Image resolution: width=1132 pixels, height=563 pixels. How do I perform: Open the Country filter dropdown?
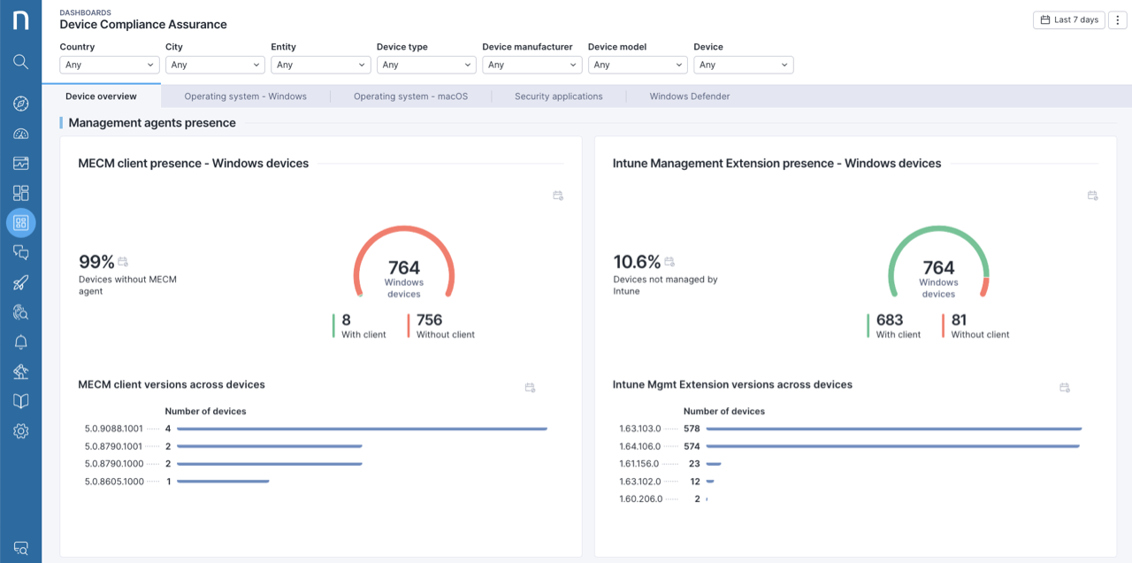110,65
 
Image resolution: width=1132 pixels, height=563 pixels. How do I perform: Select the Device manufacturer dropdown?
532,65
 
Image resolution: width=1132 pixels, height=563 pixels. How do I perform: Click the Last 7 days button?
1068,19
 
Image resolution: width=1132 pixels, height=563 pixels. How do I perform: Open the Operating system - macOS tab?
410,96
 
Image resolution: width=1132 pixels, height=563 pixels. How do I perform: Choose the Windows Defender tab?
689,96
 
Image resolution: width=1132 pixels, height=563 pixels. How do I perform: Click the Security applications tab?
558,96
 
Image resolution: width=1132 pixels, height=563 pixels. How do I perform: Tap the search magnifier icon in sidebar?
21,62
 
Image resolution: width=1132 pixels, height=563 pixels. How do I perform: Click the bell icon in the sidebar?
21,343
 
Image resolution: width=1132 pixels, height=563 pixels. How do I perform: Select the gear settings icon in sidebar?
21,431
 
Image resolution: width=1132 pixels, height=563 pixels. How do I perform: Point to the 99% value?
96,262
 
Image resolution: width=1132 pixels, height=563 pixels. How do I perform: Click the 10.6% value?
637,262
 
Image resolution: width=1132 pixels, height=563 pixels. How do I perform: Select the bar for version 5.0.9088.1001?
362,428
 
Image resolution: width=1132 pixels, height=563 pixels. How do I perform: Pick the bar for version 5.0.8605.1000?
223,482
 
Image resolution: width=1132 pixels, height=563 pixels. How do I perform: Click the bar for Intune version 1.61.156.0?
714,464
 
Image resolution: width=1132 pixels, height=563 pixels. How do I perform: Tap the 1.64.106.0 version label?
639,446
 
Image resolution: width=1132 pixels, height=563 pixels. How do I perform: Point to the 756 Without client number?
429,320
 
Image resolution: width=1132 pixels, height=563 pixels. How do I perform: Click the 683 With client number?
890,320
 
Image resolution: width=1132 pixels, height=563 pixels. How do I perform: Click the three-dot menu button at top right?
1119,19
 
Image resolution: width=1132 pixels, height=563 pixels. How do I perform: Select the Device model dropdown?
638,65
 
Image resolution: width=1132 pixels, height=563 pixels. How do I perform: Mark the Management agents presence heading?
152,123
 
